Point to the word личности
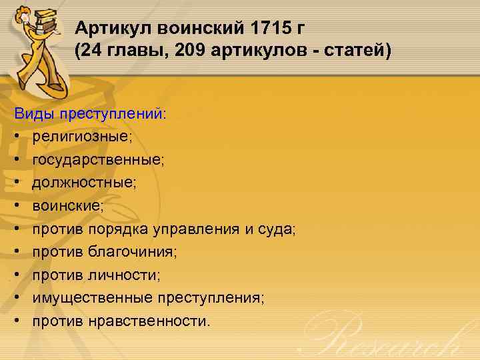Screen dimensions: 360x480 (x=123, y=275)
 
